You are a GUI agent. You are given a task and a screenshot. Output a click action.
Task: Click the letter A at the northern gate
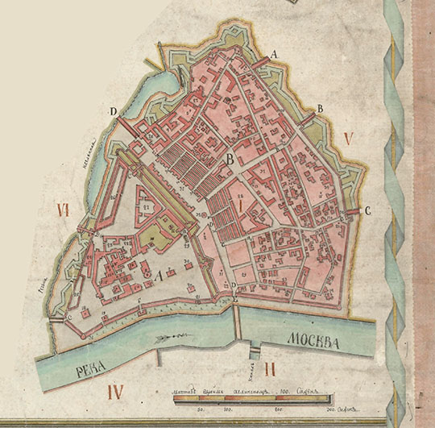click(275, 53)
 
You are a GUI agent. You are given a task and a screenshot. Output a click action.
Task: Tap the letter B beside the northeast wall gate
click(320, 109)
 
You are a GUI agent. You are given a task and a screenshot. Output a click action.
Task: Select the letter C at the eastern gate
click(367, 211)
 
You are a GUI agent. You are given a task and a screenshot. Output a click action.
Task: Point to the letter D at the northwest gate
click(114, 111)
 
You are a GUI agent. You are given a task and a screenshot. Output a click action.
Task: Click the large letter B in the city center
click(230, 160)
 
